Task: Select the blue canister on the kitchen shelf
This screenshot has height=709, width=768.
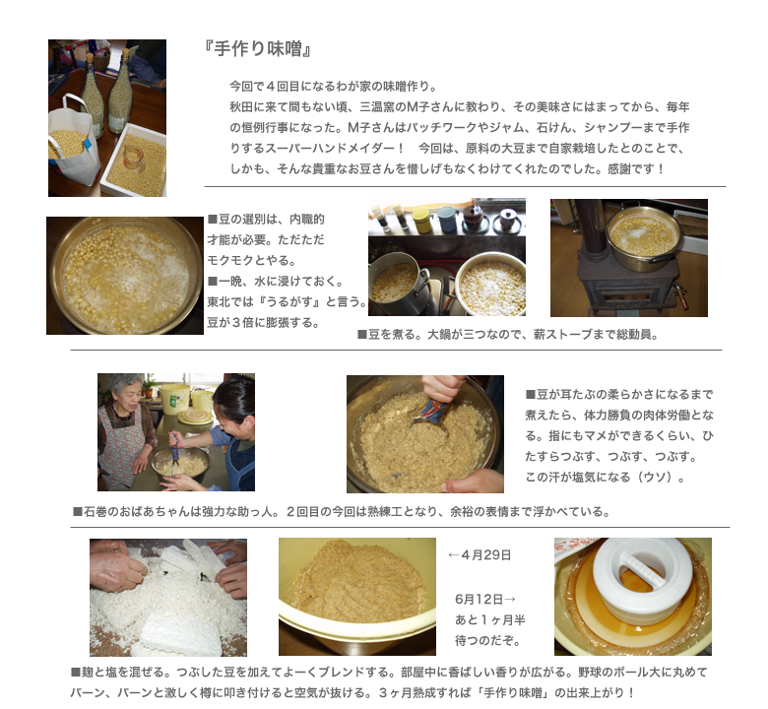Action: [448, 217]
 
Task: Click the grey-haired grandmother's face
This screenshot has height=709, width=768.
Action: [123, 393]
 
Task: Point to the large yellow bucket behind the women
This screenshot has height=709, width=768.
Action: [174, 394]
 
